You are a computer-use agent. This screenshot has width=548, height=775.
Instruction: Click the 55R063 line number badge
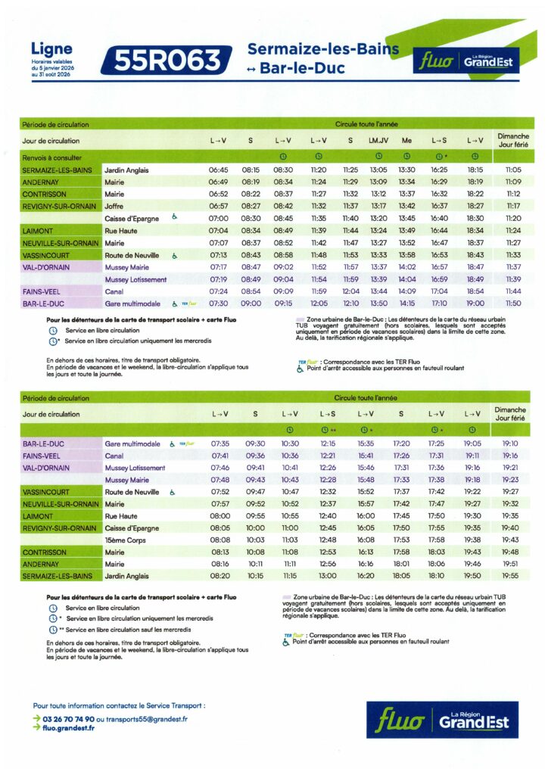[171, 61]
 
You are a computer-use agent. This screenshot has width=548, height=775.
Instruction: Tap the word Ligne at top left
[51, 49]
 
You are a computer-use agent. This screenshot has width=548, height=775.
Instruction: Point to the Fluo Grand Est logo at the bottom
[443, 720]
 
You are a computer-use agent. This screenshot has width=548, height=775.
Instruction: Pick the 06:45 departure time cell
[218, 170]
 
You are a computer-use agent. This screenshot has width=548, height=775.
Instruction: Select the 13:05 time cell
[378, 170]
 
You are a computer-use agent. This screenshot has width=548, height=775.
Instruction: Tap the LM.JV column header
[378, 141]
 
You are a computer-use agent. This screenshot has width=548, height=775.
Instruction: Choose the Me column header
[406, 141]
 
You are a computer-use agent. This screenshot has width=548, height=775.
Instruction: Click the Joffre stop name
[114, 206]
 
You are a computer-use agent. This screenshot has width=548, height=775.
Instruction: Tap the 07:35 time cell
[220, 444]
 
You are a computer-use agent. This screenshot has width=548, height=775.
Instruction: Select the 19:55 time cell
[510, 575]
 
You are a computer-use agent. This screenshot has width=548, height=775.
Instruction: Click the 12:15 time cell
[328, 444]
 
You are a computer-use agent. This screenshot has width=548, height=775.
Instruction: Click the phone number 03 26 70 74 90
[69, 719]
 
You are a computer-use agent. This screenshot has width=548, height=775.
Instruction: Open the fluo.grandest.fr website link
[69, 728]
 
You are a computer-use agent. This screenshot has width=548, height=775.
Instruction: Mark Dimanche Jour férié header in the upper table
[513, 141]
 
